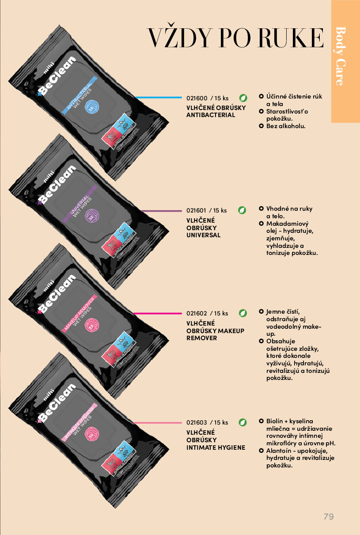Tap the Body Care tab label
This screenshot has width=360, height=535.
(x=341, y=56)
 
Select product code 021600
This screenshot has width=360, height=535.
(x=197, y=98)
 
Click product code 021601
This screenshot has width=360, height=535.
(x=197, y=210)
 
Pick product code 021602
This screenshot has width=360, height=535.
(x=197, y=313)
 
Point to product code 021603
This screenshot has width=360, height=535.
(x=197, y=422)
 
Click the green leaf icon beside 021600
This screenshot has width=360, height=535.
(x=243, y=98)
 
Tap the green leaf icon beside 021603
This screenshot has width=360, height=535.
(x=243, y=422)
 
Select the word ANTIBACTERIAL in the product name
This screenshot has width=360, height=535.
(x=211, y=115)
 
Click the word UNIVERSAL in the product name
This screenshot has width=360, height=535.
(x=203, y=235)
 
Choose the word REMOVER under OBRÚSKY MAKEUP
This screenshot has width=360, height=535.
(x=201, y=338)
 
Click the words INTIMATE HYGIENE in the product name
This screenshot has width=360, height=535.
(x=216, y=448)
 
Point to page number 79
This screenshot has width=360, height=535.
(x=329, y=516)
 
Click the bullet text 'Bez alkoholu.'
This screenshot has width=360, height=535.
(x=286, y=126)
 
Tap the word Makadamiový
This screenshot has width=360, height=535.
(x=287, y=224)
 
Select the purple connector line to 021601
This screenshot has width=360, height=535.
(x=161, y=211)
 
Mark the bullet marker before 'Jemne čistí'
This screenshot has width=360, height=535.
(x=261, y=311)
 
